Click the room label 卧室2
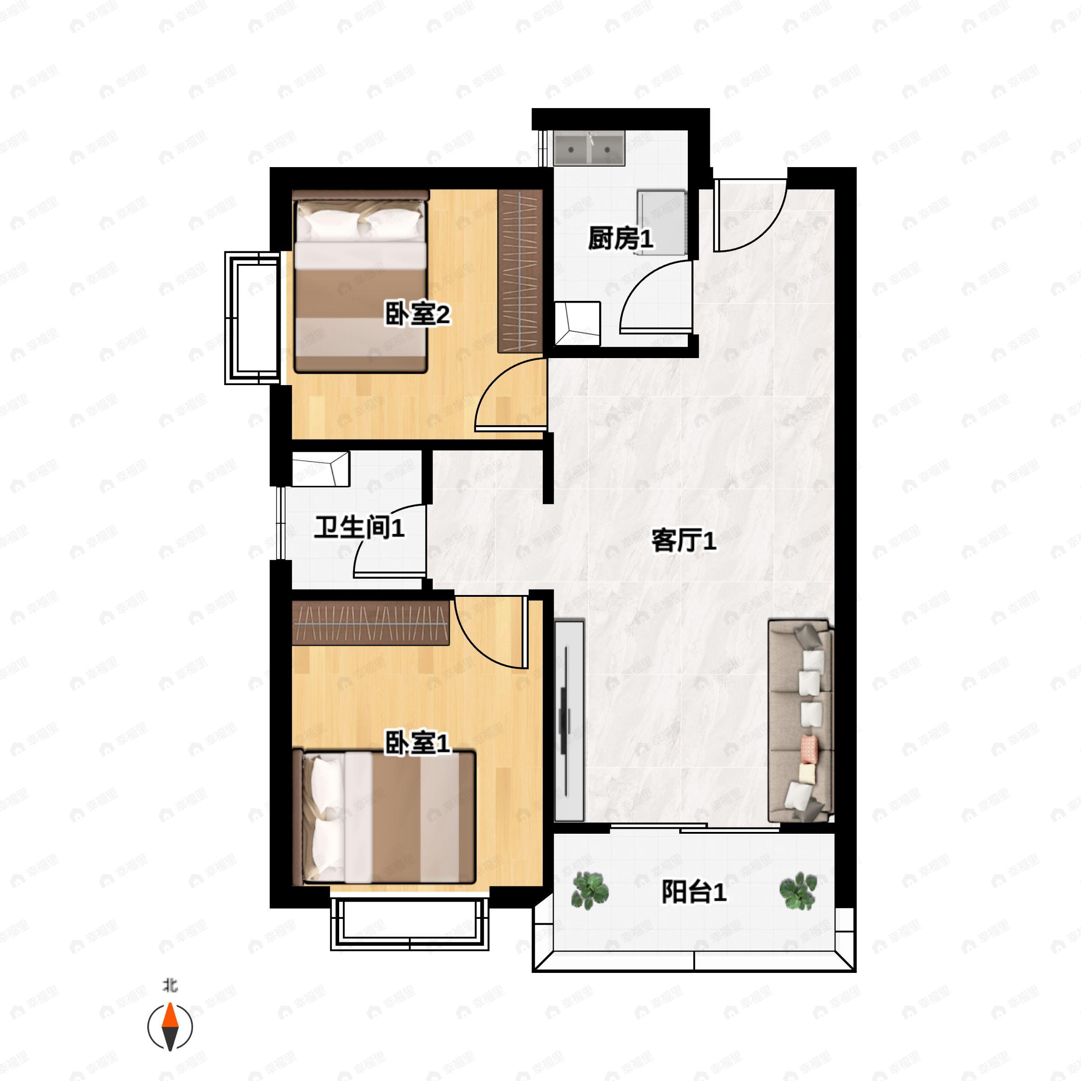click(417, 315)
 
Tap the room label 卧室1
click(417, 744)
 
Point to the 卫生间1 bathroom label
click(359, 527)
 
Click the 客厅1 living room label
click(683, 541)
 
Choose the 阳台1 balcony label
click(694, 892)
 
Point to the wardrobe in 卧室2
click(520, 271)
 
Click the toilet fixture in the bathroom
click(321, 469)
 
